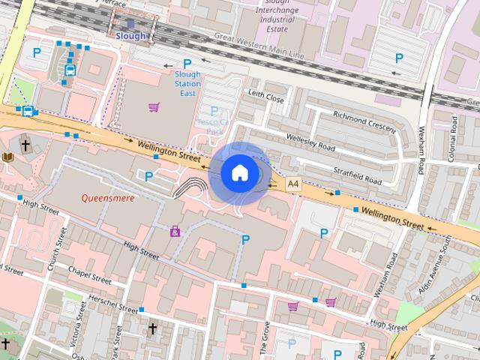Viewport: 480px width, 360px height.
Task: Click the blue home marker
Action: (239, 172)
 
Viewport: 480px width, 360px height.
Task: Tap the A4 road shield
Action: (292, 182)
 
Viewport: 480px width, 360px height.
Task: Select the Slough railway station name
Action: (131, 36)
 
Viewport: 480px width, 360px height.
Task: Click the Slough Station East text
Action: (187, 84)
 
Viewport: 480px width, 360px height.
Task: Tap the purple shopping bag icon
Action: (175, 231)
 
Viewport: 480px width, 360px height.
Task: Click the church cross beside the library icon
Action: (25, 145)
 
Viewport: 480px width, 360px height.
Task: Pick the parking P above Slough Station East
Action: (187, 64)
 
